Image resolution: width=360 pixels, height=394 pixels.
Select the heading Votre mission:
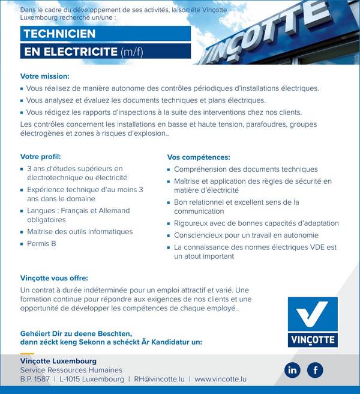pyautogui.click(x=45, y=76)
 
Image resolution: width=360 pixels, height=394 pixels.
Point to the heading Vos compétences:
pyautogui.click(x=199, y=157)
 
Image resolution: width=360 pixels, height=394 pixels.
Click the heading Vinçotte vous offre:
pyautogui.click(x=54, y=278)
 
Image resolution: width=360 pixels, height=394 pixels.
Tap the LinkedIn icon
pyautogui.click(x=293, y=370)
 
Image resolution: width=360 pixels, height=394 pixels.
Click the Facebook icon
pyautogui.click(x=315, y=370)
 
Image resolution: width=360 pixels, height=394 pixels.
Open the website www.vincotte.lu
pyautogui.click(x=220, y=380)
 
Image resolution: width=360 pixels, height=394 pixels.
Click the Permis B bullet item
pyautogui.click(x=41, y=244)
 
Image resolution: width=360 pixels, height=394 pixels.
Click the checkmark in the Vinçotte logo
pyautogui.click(x=312, y=314)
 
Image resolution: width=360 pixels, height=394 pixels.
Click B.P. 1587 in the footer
pyautogui.click(x=35, y=380)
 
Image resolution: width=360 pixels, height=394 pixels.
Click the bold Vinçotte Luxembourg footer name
pyautogui.click(x=58, y=361)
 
